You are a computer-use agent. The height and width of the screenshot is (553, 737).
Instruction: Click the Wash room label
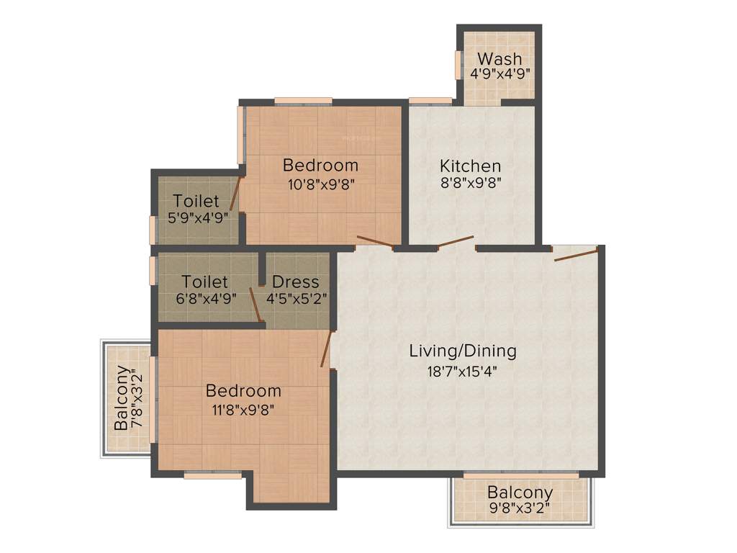(x=500, y=58)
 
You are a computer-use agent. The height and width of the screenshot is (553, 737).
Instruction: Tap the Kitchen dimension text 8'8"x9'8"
(x=471, y=182)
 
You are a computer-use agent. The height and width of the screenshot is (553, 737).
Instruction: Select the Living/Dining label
(x=463, y=351)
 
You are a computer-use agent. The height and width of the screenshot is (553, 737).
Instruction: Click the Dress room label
(x=295, y=282)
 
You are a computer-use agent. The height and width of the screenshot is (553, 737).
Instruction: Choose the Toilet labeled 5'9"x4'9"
(x=196, y=202)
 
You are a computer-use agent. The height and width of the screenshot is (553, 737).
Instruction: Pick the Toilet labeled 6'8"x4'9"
(x=205, y=282)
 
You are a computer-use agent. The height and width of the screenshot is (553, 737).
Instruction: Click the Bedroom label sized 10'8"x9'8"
(x=320, y=164)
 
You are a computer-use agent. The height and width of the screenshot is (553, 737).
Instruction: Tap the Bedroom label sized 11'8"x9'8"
(x=243, y=391)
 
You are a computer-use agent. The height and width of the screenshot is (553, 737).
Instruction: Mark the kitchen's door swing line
(x=456, y=241)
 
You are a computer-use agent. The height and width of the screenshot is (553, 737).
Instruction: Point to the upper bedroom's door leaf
(x=374, y=242)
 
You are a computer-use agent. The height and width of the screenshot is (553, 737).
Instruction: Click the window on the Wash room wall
(x=458, y=65)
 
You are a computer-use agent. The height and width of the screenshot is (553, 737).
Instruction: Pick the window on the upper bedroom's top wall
(x=303, y=101)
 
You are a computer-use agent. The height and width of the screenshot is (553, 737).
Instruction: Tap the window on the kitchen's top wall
(x=430, y=101)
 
